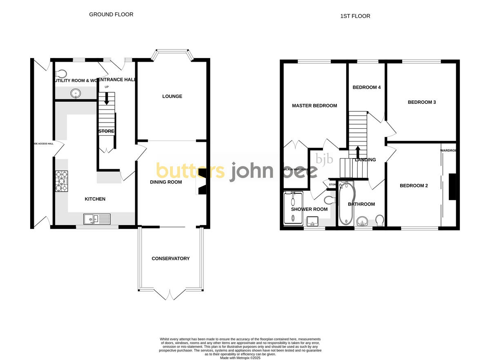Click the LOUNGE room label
(x=172, y=96)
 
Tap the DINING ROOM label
(x=166, y=182)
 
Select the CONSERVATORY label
(x=170, y=258)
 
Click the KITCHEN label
(x=95, y=199)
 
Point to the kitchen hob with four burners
(x=60, y=180)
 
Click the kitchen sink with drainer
(x=97, y=219)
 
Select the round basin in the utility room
(x=76, y=93)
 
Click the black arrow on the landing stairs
(x=358, y=152)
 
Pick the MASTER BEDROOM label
(x=314, y=105)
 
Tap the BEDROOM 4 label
(x=367, y=87)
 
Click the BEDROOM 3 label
(x=422, y=102)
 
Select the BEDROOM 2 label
(x=414, y=186)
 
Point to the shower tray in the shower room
(x=293, y=208)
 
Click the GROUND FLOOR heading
(x=111, y=14)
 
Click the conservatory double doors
(x=170, y=293)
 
